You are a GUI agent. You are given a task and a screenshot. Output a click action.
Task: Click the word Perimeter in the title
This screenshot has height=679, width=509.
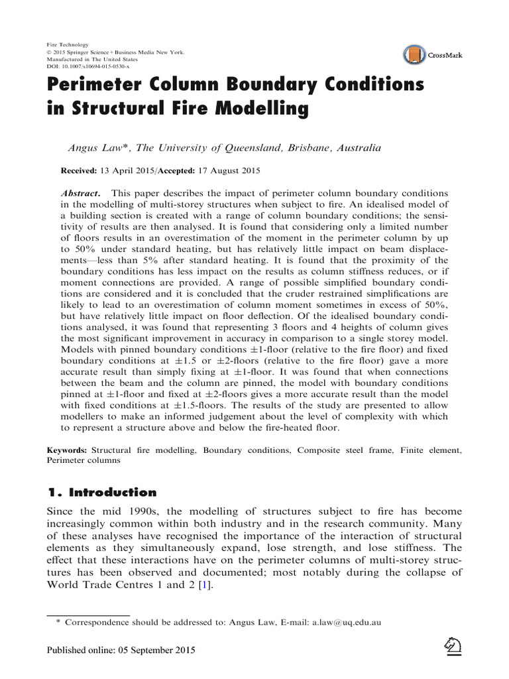pyautogui.click(x=104, y=86)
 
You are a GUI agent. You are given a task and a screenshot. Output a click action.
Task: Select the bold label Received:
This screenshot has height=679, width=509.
pyautogui.click(x=79, y=170)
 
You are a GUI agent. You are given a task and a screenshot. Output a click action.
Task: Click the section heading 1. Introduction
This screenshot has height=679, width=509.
pyautogui.click(x=101, y=492)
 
